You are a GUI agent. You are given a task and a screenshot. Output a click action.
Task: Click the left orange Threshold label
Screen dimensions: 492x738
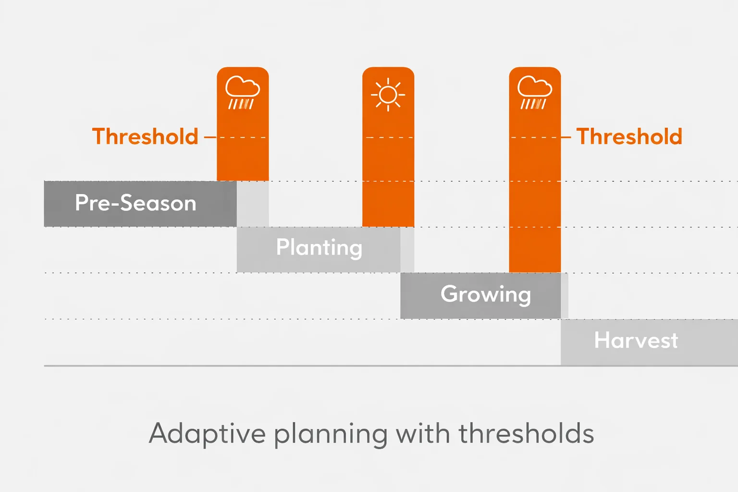coord(145,137)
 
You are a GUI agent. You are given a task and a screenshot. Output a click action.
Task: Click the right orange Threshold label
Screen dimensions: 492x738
coord(629,137)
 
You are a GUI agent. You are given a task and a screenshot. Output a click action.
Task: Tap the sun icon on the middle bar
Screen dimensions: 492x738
coord(388,95)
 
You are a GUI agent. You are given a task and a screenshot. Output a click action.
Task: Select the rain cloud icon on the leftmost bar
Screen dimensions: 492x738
coord(242,92)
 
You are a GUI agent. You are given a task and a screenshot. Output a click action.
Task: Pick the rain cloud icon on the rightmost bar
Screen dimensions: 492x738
coord(534,92)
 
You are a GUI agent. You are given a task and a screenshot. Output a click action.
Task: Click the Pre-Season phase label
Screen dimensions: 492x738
coord(135,203)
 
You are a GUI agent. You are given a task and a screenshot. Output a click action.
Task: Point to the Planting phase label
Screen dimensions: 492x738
coord(319,248)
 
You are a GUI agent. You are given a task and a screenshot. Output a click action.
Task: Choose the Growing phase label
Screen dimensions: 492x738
coord(486,294)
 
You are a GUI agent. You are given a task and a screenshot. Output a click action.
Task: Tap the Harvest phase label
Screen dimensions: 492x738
coord(636,341)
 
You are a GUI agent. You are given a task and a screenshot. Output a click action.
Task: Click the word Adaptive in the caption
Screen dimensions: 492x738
coord(207,434)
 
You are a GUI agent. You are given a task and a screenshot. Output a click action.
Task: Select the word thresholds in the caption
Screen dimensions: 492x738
coord(526,434)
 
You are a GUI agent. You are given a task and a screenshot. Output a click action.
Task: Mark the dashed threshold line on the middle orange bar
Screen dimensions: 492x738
coord(388,137)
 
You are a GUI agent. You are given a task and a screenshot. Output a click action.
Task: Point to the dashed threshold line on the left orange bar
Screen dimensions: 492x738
coord(243,137)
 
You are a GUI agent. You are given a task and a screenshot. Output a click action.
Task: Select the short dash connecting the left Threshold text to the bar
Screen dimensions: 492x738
coord(210,137)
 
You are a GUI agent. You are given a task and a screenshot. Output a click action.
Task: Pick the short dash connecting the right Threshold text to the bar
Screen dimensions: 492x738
coord(566,137)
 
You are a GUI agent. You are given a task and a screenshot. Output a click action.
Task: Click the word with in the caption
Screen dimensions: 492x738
coord(423,434)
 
